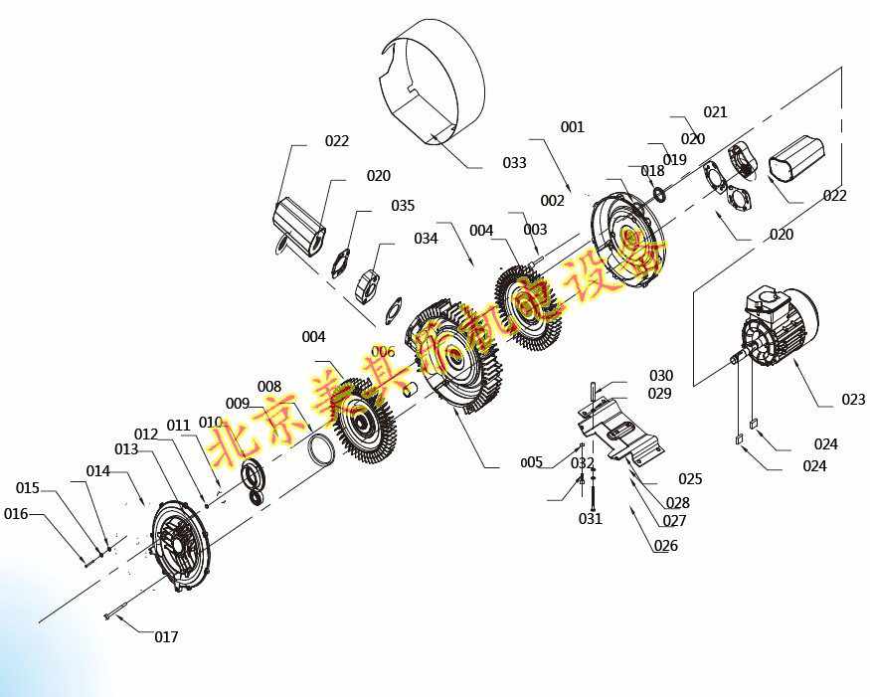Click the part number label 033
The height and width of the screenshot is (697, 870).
pyautogui.click(x=514, y=163)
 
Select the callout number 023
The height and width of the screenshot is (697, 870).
pyautogui.click(x=853, y=400)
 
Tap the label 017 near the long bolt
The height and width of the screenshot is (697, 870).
pyautogui.click(x=166, y=636)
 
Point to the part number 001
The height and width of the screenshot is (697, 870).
pyautogui.click(x=573, y=127)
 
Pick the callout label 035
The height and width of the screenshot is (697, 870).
pyautogui.click(x=403, y=206)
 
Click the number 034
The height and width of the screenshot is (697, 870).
pyautogui.click(x=426, y=239)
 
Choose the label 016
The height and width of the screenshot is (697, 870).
pyautogui.click(x=16, y=514)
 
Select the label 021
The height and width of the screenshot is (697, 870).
pyautogui.click(x=716, y=112)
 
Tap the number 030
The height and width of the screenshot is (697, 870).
pyautogui.click(x=661, y=376)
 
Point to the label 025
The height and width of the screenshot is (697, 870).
pyautogui.click(x=690, y=479)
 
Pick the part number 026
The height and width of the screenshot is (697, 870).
pyautogui.click(x=666, y=546)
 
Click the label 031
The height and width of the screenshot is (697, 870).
pyautogui.click(x=591, y=519)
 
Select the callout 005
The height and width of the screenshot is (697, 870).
pyautogui.click(x=532, y=462)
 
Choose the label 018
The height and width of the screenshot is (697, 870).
pyautogui.click(x=652, y=171)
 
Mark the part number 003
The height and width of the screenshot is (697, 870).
pyautogui.click(x=535, y=230)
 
